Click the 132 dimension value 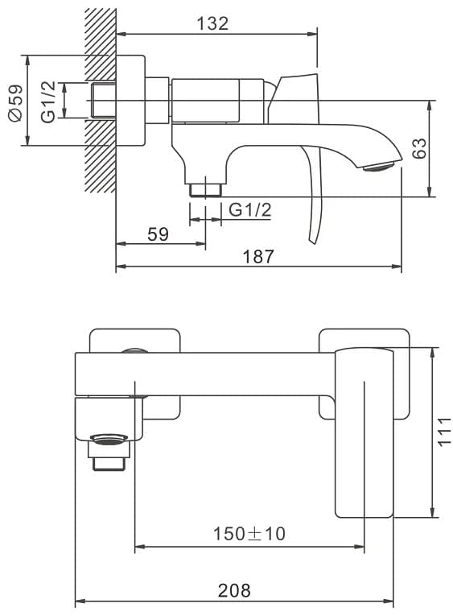pyautogui.click(x=212, y=23)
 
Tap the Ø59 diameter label pyautogui.click(x=16, y=103)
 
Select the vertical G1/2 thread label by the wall pyautogui.click(x=48, y=101)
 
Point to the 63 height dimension pyautogui.click(x=419, y=147)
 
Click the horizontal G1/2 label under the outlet pyautogui.click(x=250, y=210)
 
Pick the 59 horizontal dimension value pyautogui.click(x=158, y=234)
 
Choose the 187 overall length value pyautogui.click(x=258, y=257)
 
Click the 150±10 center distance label pyautogui.click(x=249, y=534)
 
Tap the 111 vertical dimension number pyautogui.click(x=444, y=432)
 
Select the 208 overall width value pyautogui.click(x=234, y=590)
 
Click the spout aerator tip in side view pyautogui.click(x=378, y=167)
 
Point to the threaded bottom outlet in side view pyautogui.click(x=206, y=189)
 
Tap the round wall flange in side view pyautogui.click(x=130, y=101)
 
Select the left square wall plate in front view pyautogui.click(x=135, y=373)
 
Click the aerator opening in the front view pyautogui.click(x=109, y=438)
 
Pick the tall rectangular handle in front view pyautogui.click(x=364, y=432)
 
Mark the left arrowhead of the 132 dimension pyautogui.click(x=121, y=34)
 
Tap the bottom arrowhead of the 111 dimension pyautogui.click(x=432, y=513)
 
